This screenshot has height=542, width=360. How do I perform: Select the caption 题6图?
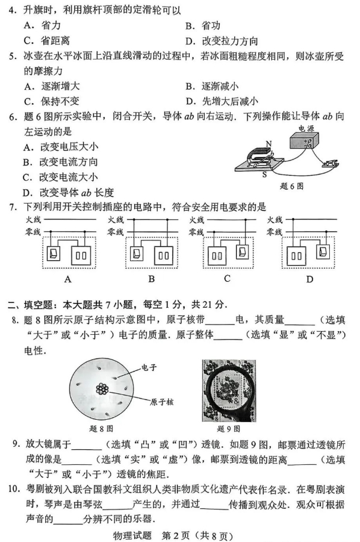tap(291, 185)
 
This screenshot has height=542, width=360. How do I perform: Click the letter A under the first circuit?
tap(67, 279)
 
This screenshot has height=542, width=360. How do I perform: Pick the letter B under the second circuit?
tap(151, 279)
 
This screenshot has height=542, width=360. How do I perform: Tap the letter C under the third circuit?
tap(227, 278)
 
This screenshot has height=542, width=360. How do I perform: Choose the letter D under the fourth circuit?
tap(309, 279)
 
